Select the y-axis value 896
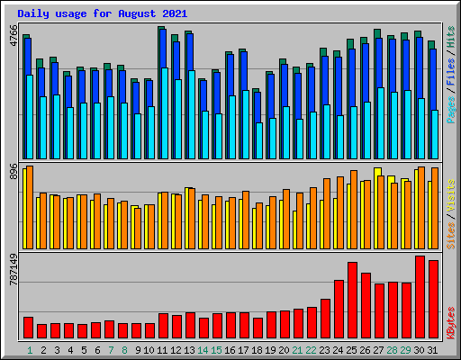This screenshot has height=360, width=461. tap(14, 173)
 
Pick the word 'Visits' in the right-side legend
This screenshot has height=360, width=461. tap(450, 196)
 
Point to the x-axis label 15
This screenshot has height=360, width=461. tap(217, 349)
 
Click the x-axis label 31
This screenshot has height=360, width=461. tap(433, 349)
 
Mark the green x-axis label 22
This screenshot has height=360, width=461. tap(312, 349)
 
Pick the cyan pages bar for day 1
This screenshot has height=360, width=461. tap(29, 117)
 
